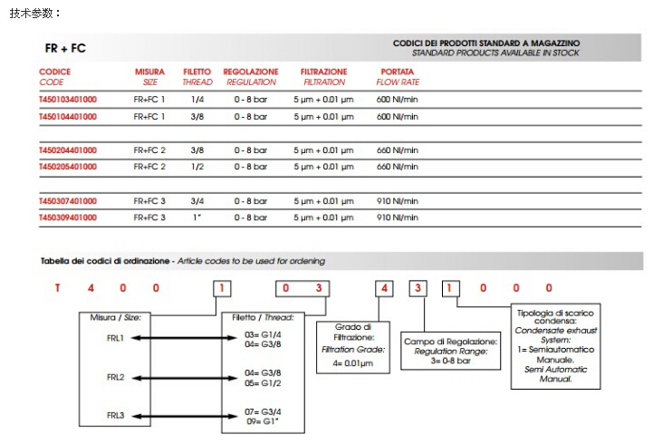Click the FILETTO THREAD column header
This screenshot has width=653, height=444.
pyautogui.click(x=197, y=76)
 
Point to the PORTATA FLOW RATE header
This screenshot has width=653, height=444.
pyautogui.click(x=397, y=76)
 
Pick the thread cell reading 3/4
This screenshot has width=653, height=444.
pyautogui.click(x=197, y=201)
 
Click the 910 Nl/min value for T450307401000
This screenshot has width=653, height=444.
pyautogui.click(x=397, y=201)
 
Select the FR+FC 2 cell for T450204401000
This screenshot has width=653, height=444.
pyautogui.click(x=149, y=150)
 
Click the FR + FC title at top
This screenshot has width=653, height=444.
pyautogui.click(x=65, y=48)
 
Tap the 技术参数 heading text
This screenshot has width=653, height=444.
pyautogui.click(x=35, y=13)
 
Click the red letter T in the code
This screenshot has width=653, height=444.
pyautogui.click(x=56, y=289)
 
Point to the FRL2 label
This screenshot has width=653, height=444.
pyautogui.click(x=115, y=376)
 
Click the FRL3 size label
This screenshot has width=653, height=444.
pyautogui.click(x=115, y=415)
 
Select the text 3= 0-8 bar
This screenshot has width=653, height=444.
pyautogui.click(x=449, y=361)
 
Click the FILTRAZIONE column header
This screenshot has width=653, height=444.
pyautogui.click(x=324, y=76)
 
